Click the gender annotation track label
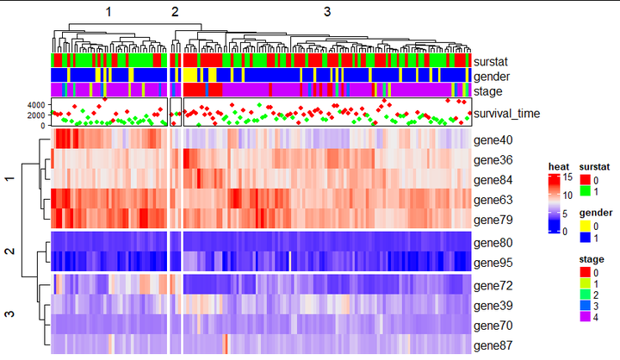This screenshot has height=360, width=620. (491, 77)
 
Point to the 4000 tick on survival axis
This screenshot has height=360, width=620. (35, 104)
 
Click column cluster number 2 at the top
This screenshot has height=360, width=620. (175, 11)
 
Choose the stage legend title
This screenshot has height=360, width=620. (591, 258)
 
